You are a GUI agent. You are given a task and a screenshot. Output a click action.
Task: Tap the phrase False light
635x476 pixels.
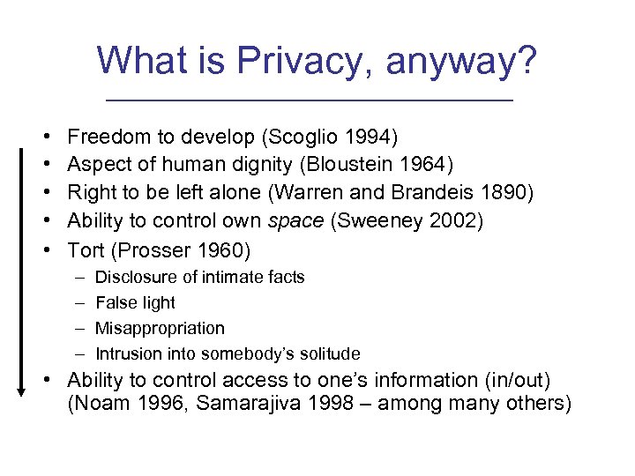(x=135, y=302)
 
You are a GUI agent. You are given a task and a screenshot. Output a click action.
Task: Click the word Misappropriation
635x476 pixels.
(x=160, y=328)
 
